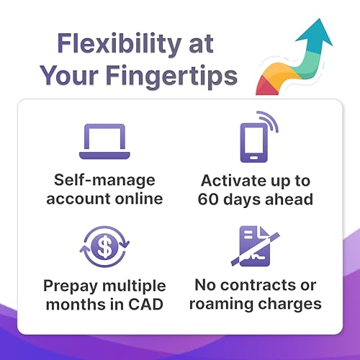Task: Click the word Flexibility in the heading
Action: pos(120,44)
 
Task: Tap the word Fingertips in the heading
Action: pos(171,76)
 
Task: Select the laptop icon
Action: pos(104,141)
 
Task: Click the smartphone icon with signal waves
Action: pos(258,137)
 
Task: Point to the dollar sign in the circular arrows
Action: pos(105,246)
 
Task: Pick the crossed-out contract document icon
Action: pos(255,246)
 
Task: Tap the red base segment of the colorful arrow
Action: pos(266,86)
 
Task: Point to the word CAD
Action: pos(146,304)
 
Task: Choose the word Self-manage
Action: pos(104,180)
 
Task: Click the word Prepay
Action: pos(71,287)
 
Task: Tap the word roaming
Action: pos(222,305)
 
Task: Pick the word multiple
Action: pos(134,287)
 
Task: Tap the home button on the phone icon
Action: pos(254,158)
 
